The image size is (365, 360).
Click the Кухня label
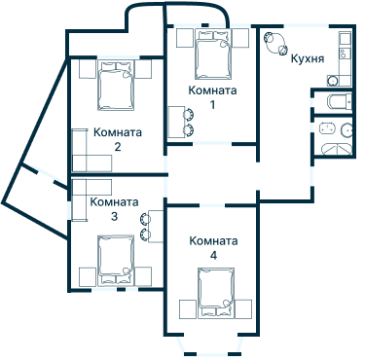pos(307,58)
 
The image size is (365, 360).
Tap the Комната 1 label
pos(212,97)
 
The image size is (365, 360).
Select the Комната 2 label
pos(118,139)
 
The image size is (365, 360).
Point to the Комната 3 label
pos(114,209)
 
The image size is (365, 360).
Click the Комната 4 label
pos(213,248)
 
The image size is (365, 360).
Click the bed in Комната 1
pos(213,54)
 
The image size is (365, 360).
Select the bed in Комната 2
pos(116,86)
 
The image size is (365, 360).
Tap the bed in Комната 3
pos(116,261)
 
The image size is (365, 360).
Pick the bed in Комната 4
pos(216,293)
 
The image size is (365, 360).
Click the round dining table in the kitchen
pos(275,43)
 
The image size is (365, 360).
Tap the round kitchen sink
pos(332,81)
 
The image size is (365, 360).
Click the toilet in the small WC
pos(339,101)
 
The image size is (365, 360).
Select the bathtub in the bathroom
pos(337,149)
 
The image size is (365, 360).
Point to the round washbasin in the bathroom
pos(347,130)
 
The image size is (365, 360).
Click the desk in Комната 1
pos(176,122)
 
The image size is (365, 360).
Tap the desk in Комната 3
pos(156,226)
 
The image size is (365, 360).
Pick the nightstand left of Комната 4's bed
pos(188,309)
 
